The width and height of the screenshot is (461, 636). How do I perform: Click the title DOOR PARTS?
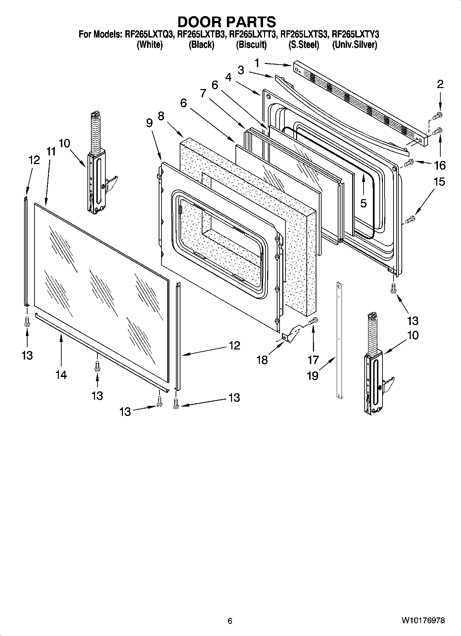click(x=227, y=22)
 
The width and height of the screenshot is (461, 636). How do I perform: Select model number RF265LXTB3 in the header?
click(x=201, y=34)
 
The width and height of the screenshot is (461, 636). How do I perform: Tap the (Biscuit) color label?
click(x=251, y=45)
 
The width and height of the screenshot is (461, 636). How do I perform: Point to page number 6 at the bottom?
click(x=230, y=621)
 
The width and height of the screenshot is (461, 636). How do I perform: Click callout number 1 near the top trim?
click(x=257, y=63)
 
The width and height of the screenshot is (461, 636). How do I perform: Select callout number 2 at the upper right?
click(x=440, y=84)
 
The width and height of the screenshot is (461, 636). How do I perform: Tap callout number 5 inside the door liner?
click(x=364, y=203)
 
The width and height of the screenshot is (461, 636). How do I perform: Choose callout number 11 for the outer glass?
click(x=51, y=152)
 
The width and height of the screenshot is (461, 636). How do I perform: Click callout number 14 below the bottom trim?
click(x=61, y=375)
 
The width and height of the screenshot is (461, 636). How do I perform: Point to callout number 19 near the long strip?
click(x=313, y=376)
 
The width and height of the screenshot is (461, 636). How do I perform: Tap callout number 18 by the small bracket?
click(x=262, y=360)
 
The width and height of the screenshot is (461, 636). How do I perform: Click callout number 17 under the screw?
click(x=313, y=360)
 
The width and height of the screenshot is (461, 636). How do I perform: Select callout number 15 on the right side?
click(x=439, y=182)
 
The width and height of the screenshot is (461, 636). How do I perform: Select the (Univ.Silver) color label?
click(x=354, y=45)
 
